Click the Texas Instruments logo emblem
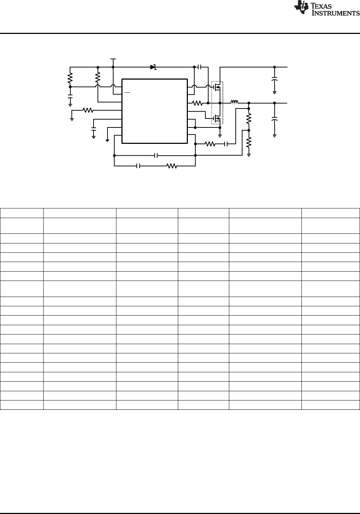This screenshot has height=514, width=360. tap(301, 7)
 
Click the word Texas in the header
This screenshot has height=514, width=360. tap(321, 6)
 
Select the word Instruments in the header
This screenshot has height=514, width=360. tap(336, 13)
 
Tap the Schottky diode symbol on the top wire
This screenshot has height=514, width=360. tap(153, 67)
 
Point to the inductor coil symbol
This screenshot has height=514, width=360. tap(234, 102)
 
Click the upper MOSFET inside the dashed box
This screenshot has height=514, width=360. tap(216, 87)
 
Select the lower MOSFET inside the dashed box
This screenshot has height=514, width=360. tap(216, 119)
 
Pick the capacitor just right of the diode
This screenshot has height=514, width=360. tap(199, 67)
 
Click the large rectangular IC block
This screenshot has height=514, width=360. tap(155, 111)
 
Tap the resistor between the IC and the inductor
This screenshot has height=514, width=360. tap(197, 103)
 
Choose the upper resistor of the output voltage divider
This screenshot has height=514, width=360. tap(249, 119)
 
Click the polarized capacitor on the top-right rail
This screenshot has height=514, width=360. tap(274, 79)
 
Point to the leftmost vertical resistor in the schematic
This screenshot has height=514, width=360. tap(70, 78)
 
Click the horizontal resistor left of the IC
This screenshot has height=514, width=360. tap(88, 110)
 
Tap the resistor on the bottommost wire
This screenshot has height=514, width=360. tap(171, 166)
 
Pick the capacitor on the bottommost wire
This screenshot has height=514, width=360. tap(138, 166)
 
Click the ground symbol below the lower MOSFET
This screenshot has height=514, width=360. tap(220, 136)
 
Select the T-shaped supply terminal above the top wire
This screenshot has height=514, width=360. tap(113, 59)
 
